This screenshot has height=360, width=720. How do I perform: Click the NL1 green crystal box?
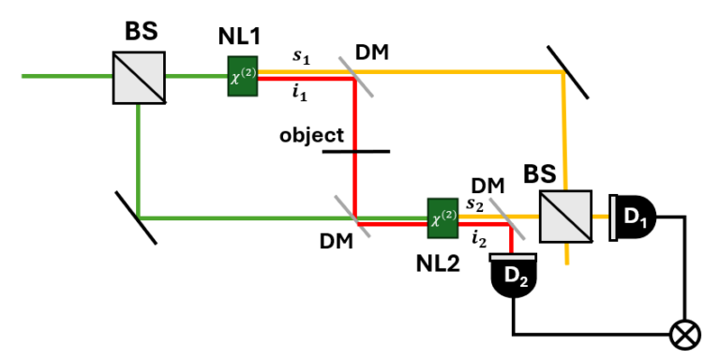point(241,74)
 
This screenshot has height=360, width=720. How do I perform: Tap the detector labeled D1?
point(633,217)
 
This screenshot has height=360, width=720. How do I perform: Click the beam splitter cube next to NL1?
point(139,76)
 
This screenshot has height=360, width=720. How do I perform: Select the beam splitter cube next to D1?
point(565,217)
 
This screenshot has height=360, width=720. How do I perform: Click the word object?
point(311,135)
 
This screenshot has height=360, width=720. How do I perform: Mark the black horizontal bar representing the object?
point(354,150)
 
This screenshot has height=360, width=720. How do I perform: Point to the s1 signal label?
point(301,56)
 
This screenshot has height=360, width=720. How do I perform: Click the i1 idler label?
point(300,93)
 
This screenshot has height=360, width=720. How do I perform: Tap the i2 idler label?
point(477,239)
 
